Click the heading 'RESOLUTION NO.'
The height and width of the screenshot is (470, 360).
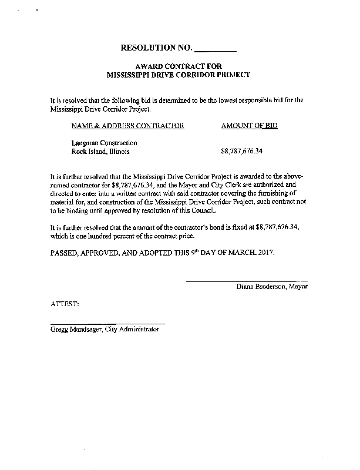156,47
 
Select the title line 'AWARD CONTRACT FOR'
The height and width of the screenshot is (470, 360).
178,66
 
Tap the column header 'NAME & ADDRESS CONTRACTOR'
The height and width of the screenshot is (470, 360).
127,126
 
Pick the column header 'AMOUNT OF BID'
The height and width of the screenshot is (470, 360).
249,126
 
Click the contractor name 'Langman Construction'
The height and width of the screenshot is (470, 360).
104,143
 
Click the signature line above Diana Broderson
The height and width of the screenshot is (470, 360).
247,281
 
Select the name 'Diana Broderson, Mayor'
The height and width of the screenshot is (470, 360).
272,287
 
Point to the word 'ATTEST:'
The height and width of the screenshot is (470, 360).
65,304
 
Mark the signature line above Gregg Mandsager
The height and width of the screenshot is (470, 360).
107,324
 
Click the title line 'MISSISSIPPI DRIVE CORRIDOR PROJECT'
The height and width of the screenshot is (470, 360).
179,75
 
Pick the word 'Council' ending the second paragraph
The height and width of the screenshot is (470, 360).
211,210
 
